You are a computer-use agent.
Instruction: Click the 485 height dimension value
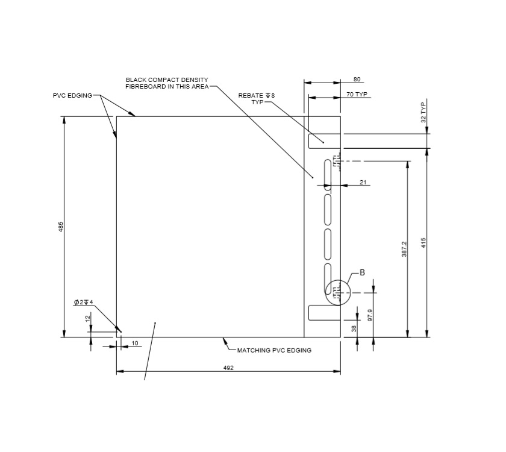[x=61, y=227]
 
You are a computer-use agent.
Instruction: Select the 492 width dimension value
[x=228, y=368]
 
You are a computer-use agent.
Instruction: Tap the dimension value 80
[x=357, y=80]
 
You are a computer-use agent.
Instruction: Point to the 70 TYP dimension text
[x=357, y=95]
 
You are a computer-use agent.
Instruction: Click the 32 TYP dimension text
[x=423, y=113]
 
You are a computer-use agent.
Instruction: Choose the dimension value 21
[x=363, y=182]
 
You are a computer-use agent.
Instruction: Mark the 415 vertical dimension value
[x=423, y=242]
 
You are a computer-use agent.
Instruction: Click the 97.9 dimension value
[x=370, y=315]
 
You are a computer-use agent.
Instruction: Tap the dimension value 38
[x=354, y=328]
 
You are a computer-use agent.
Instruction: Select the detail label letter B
[x=362, y=272]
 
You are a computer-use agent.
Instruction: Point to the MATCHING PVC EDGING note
[x=274, y=350]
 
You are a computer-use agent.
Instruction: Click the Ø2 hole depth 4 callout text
[x=83, y=302]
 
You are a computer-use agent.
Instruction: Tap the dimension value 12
[x=88, y=319]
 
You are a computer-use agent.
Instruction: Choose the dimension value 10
[x=134, y=343]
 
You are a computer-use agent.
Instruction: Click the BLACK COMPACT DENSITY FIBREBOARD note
[x=167, y=83]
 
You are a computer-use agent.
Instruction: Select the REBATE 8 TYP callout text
[x=257, y=98]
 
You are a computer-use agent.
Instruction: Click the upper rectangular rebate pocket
[x=324, y=140]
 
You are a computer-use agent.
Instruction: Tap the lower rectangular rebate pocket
[x=324, y=313]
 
